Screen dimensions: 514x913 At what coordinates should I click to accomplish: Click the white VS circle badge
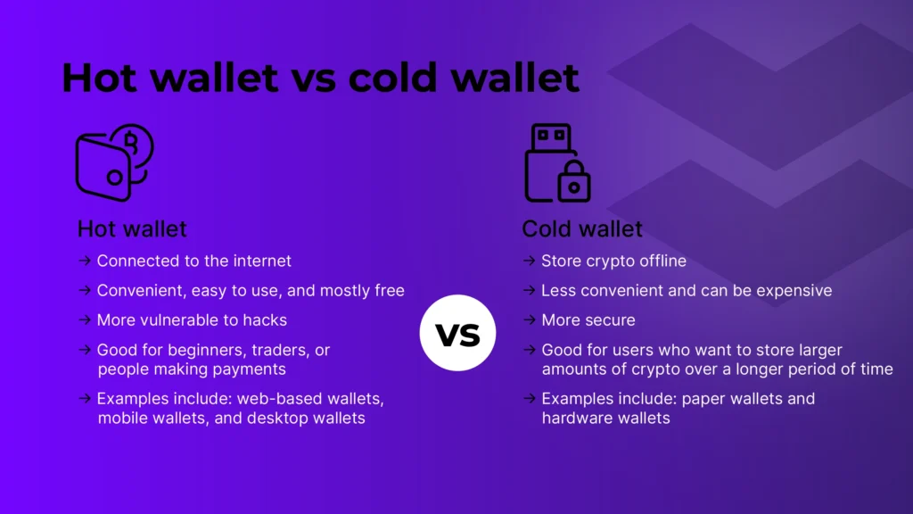point(457,332)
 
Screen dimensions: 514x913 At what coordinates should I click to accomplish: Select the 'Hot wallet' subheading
point(132,228)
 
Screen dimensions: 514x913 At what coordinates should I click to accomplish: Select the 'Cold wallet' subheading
point(581,228)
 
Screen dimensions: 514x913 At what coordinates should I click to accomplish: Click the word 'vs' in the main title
point(313,79)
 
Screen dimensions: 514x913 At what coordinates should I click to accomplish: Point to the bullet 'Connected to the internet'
point(193,261)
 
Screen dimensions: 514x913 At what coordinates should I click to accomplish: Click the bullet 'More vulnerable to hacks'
point(192,319)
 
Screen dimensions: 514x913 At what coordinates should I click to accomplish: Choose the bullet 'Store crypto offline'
point(613,261)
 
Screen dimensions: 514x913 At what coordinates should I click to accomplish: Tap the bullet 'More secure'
point(588,319)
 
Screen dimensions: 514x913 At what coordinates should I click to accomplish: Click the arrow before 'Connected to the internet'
point(84,261)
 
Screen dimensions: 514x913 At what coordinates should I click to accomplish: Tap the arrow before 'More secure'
point(529,319)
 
